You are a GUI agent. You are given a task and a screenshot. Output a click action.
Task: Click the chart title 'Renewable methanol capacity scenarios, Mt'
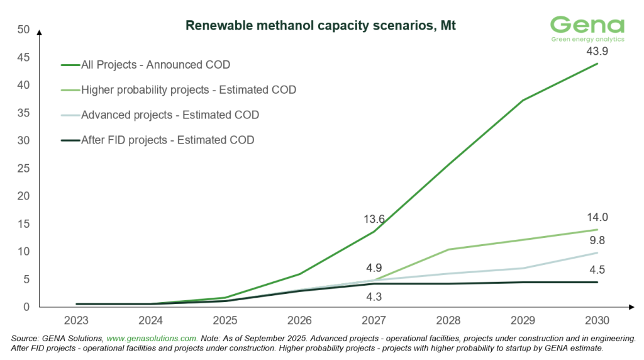click(320, 26)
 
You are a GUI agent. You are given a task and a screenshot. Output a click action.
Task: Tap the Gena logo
click(587, 29)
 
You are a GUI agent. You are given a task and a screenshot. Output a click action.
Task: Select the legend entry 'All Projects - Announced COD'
click(155, 64)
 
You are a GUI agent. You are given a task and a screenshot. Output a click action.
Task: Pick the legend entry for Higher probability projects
click(189, 90)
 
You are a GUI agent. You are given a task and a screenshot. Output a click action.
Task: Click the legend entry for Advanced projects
click(170, 115)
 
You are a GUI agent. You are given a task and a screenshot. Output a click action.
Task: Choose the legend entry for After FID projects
click(168, 140)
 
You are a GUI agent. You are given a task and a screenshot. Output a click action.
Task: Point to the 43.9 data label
click(596, 51)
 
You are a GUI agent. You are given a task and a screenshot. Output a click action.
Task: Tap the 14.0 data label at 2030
click(596, 218)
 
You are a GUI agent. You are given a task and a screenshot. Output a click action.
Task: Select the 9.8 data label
click(596, 241)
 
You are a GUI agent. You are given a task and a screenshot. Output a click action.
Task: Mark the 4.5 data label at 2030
click(596, 270)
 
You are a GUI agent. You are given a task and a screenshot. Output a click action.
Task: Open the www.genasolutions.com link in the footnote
click(153, 338)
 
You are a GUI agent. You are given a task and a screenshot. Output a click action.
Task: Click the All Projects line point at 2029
click(523, 101)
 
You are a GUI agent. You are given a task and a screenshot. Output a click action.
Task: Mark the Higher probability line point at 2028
click(448, 249)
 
